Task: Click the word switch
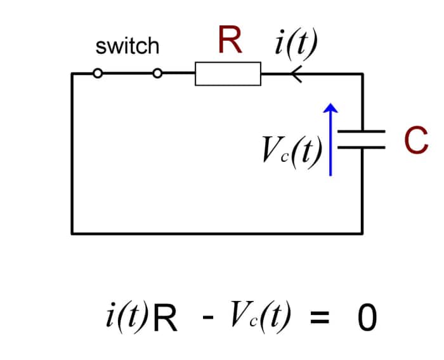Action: coord(127,46)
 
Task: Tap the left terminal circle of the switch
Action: coord(97,74)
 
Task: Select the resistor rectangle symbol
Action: coord(228,74)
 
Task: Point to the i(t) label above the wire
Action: coord(296,43)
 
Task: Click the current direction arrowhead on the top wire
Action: coord(295,74)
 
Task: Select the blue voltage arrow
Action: coord(329,140)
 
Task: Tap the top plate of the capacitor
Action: coord(362,132)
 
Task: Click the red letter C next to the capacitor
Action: coord(415,140)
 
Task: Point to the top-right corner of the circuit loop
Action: coord(362,74)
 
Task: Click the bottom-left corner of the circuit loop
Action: coord(72,232)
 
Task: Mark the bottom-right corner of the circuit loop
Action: coord(362,232)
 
